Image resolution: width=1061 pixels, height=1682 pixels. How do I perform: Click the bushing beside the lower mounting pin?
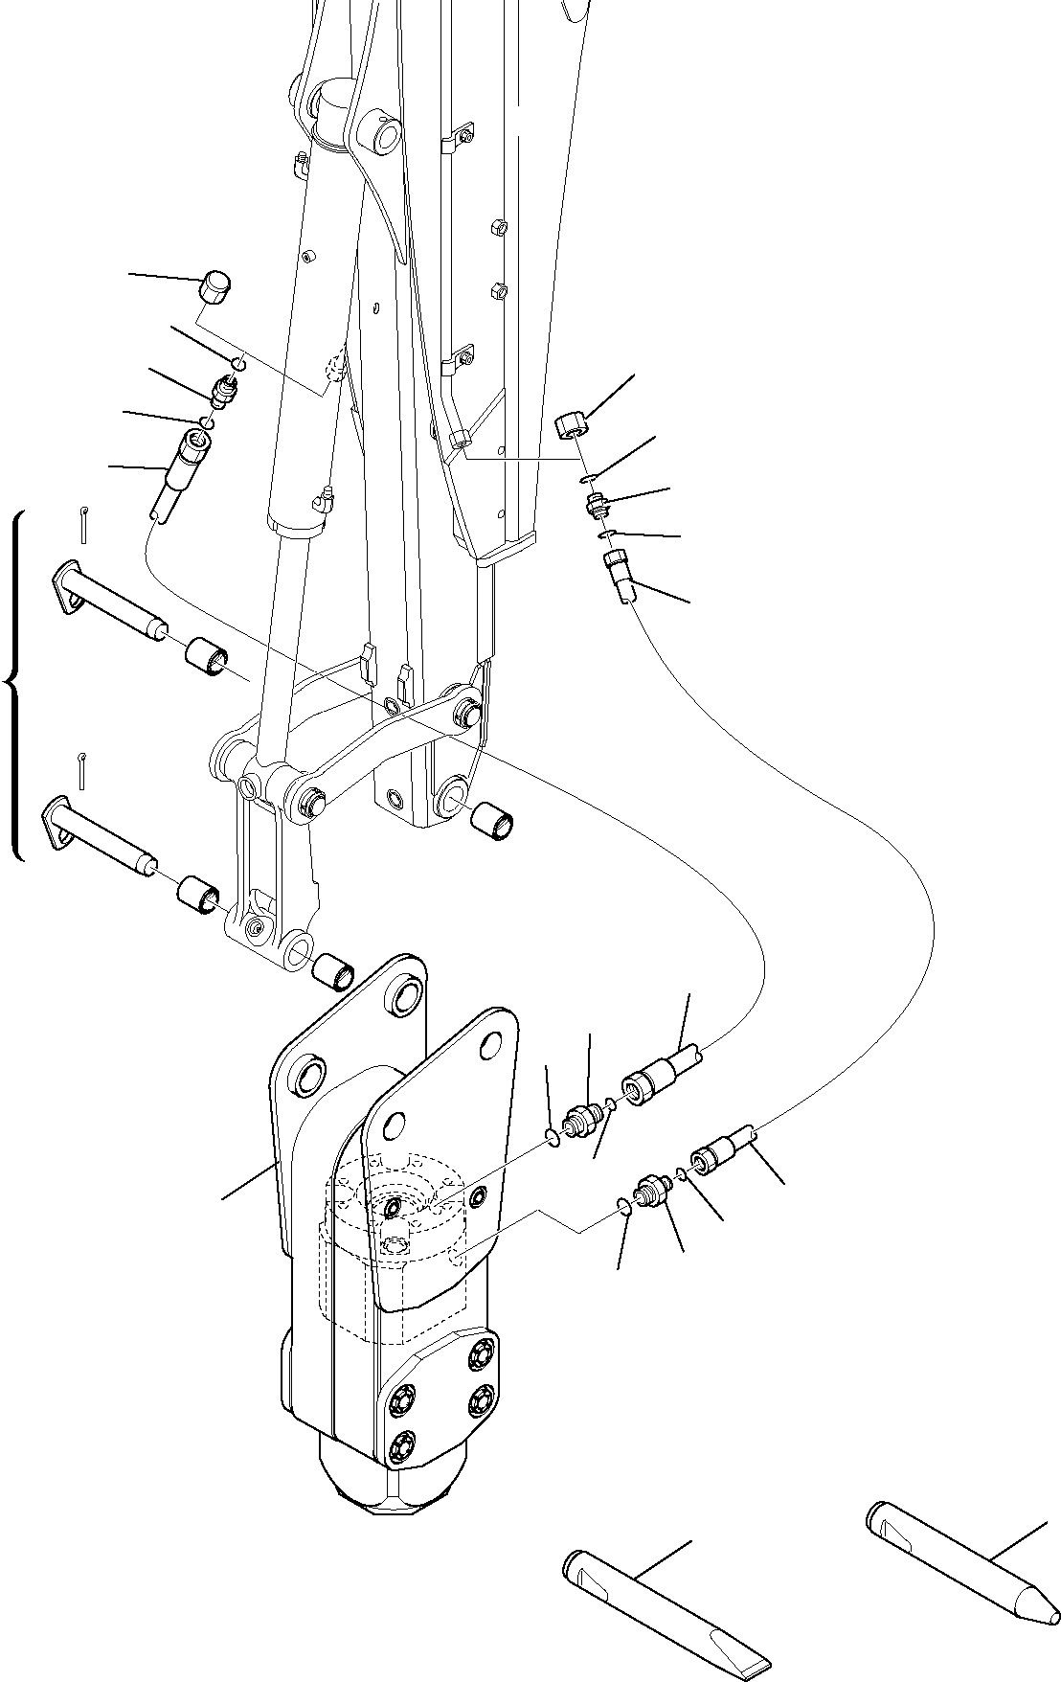click(x=199, y=894)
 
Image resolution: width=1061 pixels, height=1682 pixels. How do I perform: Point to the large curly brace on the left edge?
click(x=13, y=684)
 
